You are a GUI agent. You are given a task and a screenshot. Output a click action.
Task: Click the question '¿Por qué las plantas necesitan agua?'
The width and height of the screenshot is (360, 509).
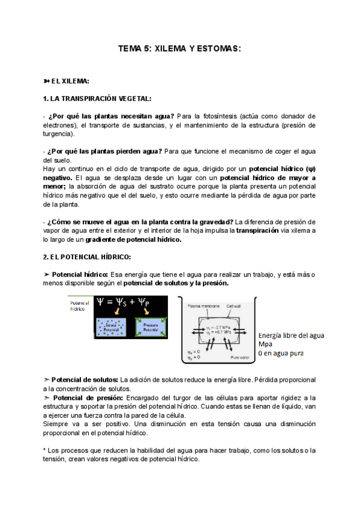coord(111,116)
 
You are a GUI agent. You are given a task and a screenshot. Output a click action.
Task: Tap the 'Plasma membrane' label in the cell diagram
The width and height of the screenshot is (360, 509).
coord(201,306)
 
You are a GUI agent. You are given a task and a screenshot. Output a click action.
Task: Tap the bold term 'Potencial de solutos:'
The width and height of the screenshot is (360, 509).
coord(85,380)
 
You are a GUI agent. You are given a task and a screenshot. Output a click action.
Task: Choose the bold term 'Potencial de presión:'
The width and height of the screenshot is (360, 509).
coord(88,398)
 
